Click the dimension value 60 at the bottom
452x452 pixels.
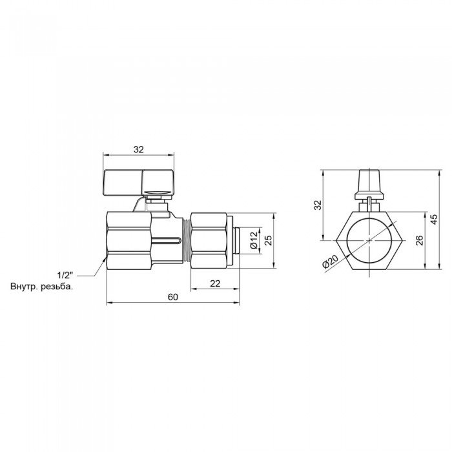[x=172, y=297]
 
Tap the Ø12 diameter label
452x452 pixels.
[x=254, y=240]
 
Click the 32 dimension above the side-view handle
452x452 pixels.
[x=139, y=149]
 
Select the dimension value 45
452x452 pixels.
[x=434, y=219]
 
